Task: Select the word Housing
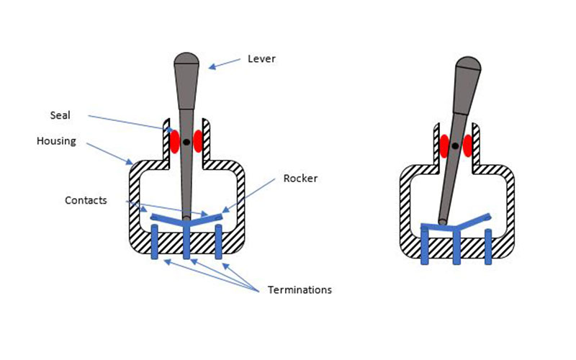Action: [56, 141]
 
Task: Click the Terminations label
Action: [300, 290]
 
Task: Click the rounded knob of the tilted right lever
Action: [469, 66]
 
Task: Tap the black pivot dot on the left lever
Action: [186, 142]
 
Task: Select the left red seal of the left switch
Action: [174, 141]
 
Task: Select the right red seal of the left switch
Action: [199, 141]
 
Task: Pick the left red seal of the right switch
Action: [444, 145]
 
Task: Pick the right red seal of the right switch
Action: [469, 145]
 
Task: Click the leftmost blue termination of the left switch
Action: [154, 242]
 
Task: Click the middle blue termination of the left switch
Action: [186, 242]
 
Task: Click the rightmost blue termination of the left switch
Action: [219, 242]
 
